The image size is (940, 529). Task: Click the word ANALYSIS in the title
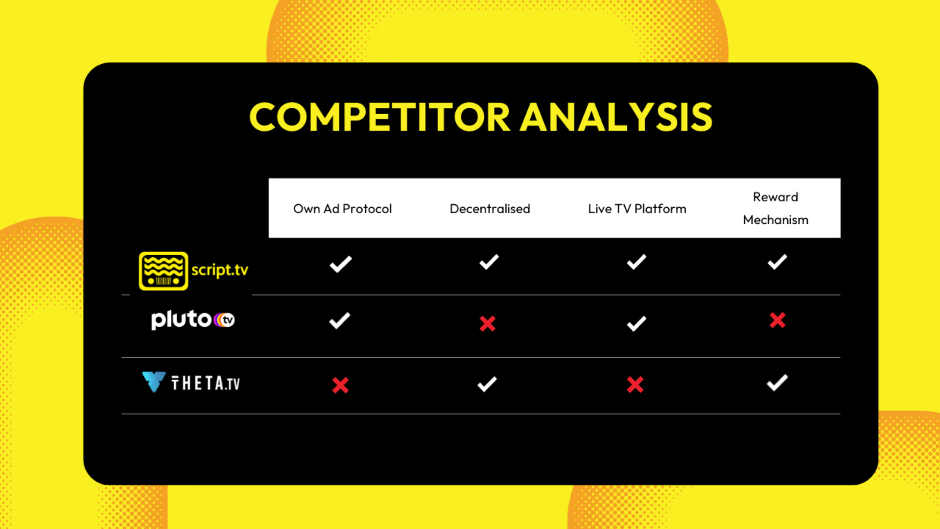pyautogui.click(x=616, y=117)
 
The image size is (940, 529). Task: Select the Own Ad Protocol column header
pyautogui.click(x=342, y=209)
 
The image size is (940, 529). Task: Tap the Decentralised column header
pyautogui.click(x=490, y=209)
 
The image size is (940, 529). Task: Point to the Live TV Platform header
pyautogui.click(x=637, y=209)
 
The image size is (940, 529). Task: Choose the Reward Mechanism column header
pyautogui.click(x=775, y=208)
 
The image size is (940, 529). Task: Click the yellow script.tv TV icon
pyautogui.click(x=163, y=271)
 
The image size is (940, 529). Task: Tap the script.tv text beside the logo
pyautogui.click(x=220, y=270)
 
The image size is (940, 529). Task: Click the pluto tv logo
pyautogui.click(x=193, y=320)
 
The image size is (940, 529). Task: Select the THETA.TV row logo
pyautogui.click(x=191, y=383)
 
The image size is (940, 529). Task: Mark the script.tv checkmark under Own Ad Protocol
pyautogui.click(x=341, y=264)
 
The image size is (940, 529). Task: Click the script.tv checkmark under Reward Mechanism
pyautogui.click(x=777, y=262)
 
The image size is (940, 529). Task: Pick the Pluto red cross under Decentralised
pyautogui.click(x=488, y=323)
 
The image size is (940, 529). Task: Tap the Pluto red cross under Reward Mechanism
pyautogui.click(x=777, y=320)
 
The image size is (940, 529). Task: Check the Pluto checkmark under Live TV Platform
pyautogui.click(x=636, y=323)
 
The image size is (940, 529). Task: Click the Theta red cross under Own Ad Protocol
pyautogui.click(x=340, y=385)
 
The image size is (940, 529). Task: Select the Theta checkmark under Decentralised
pyautogui.click(x=487, y=384)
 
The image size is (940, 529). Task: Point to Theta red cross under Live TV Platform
pyautogui.click(x=635, y=385)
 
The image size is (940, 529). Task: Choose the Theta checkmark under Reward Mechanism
pyautogui.click(x=777, y=383)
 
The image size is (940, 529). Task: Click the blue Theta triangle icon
pyautogui.click(x=154, y=382)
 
